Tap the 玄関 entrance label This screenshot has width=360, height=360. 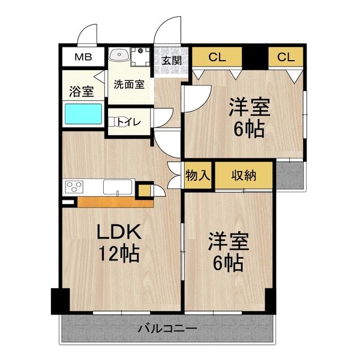point(172,61)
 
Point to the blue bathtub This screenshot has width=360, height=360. point(83,114)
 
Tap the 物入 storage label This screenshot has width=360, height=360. point(198,175)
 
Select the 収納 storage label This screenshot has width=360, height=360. point(244,175)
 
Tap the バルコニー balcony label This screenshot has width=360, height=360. point(168,328)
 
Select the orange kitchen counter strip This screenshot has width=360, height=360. point(114,202)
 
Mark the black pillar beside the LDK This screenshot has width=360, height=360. point(57,301)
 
